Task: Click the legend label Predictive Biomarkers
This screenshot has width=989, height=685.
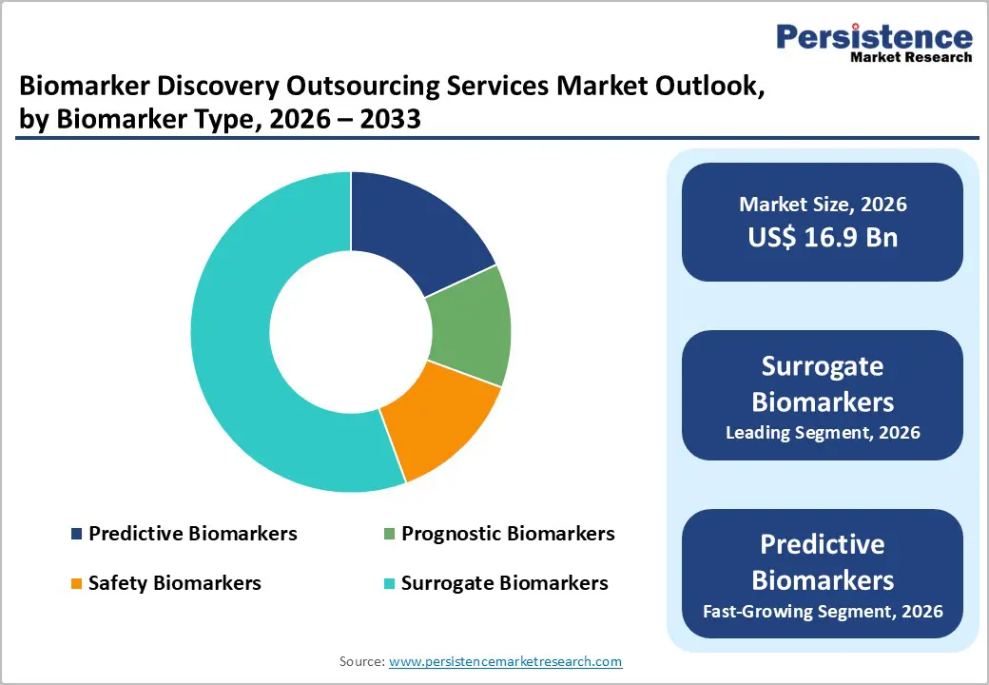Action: (192, 534)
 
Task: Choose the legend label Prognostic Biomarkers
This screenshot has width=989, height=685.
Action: (508, 534)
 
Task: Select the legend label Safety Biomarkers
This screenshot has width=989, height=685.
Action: (174, 582)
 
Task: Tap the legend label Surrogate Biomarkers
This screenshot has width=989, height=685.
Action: (504, 582)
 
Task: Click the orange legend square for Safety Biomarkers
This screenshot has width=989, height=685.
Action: (76, 583)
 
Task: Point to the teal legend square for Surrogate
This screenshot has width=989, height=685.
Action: (389, 583)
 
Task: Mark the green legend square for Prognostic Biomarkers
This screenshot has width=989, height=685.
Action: (389, 535)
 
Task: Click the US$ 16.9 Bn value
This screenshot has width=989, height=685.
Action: (823, 237)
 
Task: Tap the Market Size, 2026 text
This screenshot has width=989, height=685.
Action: (823, 205)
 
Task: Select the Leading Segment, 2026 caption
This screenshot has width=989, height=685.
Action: (823, 433)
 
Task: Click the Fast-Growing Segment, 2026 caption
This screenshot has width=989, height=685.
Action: (823, 611)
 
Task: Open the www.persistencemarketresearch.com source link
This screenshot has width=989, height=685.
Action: (505, 661)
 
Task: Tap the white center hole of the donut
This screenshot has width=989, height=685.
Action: (350, 332)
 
